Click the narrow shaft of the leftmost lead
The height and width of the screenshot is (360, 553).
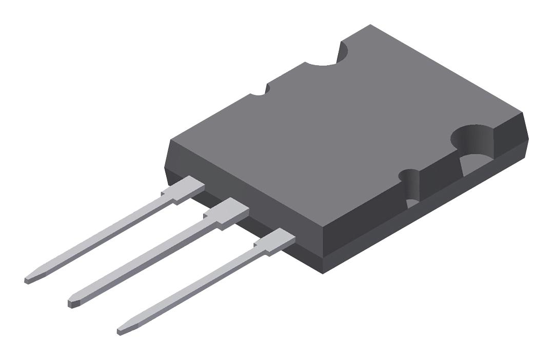coord(103,236)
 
